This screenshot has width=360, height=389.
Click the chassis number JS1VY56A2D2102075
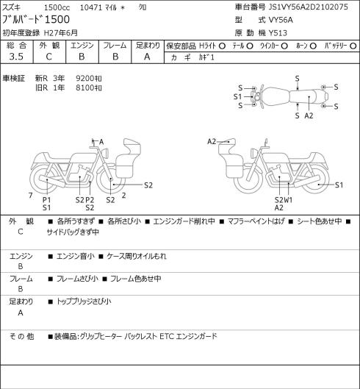click(309, 7)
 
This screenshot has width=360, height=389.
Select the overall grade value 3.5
click(16, 57)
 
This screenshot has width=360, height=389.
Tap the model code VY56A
click(281, 20)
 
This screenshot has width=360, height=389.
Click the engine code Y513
click(278, 33)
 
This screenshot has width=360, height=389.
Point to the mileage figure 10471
click(91, 7)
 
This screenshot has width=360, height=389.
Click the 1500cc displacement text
click(57, 7)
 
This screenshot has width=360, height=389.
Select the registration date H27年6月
click(61, 33)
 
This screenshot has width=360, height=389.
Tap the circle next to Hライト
click(222, 46)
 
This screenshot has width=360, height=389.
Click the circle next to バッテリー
click(353, 46)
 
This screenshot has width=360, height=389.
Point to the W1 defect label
click(288, 200)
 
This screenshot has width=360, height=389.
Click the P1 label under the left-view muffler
click(46, 200)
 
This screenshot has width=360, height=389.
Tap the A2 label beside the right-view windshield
click(212, 141)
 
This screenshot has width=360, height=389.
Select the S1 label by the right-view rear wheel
click(339, 185)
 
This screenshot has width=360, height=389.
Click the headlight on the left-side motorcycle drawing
click(106, 153)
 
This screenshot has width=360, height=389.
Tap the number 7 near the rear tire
click(31, 196)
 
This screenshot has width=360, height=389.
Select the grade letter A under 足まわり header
click(147, 57)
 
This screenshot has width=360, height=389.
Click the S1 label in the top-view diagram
click(237, 97)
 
